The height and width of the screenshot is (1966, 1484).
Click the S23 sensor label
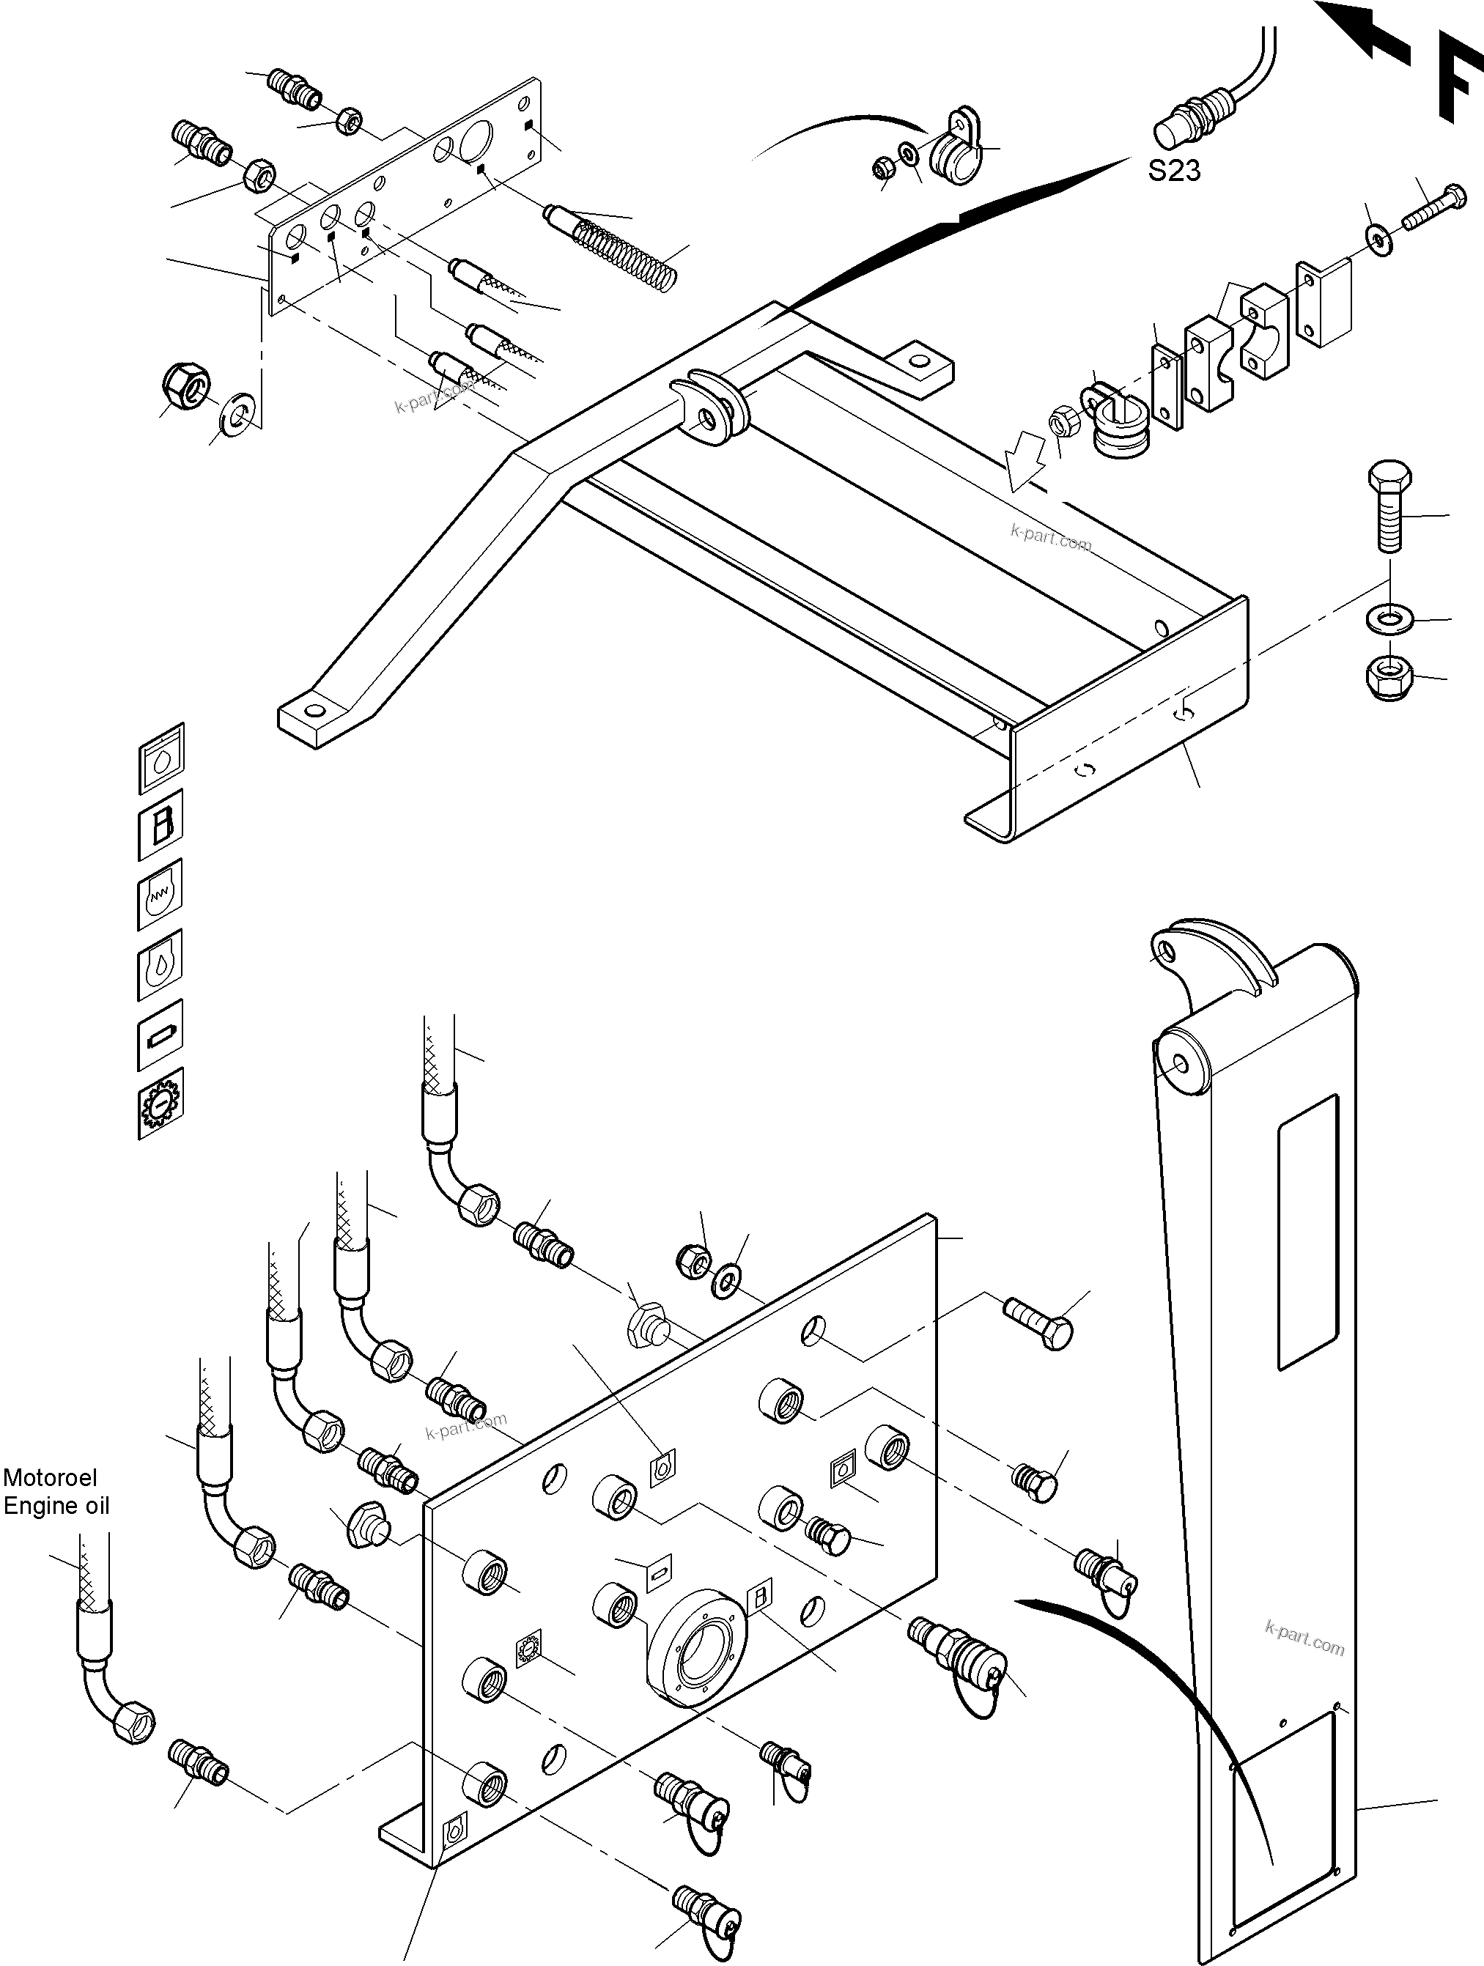click(1173, 170)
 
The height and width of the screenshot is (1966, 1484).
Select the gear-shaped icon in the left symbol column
click(160, 1104)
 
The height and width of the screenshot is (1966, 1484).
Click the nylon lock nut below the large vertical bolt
click(1383, 679)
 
